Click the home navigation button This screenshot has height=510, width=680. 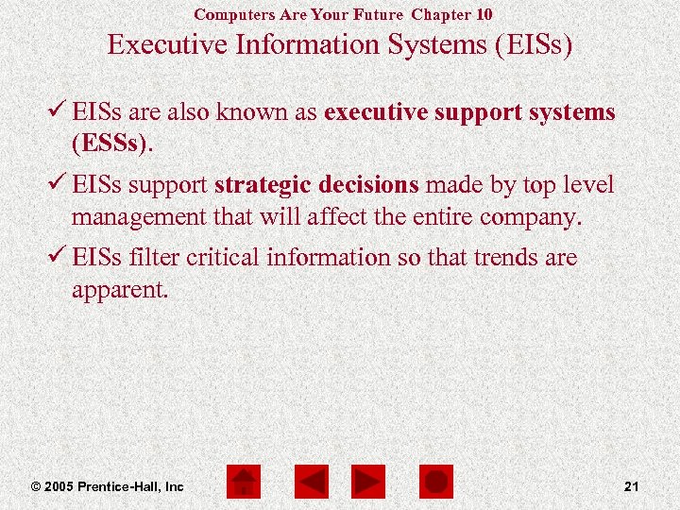(244, 483)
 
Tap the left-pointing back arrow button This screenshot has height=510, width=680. (311, 483)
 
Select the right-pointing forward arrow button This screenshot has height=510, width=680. (367, 483)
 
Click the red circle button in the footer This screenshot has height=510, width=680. (435, 483)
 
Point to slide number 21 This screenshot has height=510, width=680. (632, 486)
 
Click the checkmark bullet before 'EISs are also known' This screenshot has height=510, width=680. (59, 112)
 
